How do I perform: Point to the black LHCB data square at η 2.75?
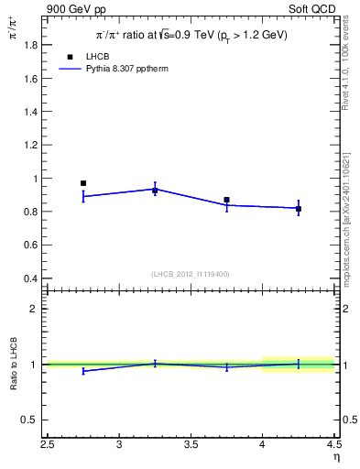click(x=83, y=183)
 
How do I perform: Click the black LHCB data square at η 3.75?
click(x=226, y=200)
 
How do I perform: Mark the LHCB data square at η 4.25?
click(x=299, y=209)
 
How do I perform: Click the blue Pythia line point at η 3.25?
click(x=155, y=189)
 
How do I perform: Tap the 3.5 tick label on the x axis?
click(x=191, y=445)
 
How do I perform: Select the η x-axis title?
click(x=336, y=457)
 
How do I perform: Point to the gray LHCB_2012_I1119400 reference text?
click(x=191, y=274)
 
